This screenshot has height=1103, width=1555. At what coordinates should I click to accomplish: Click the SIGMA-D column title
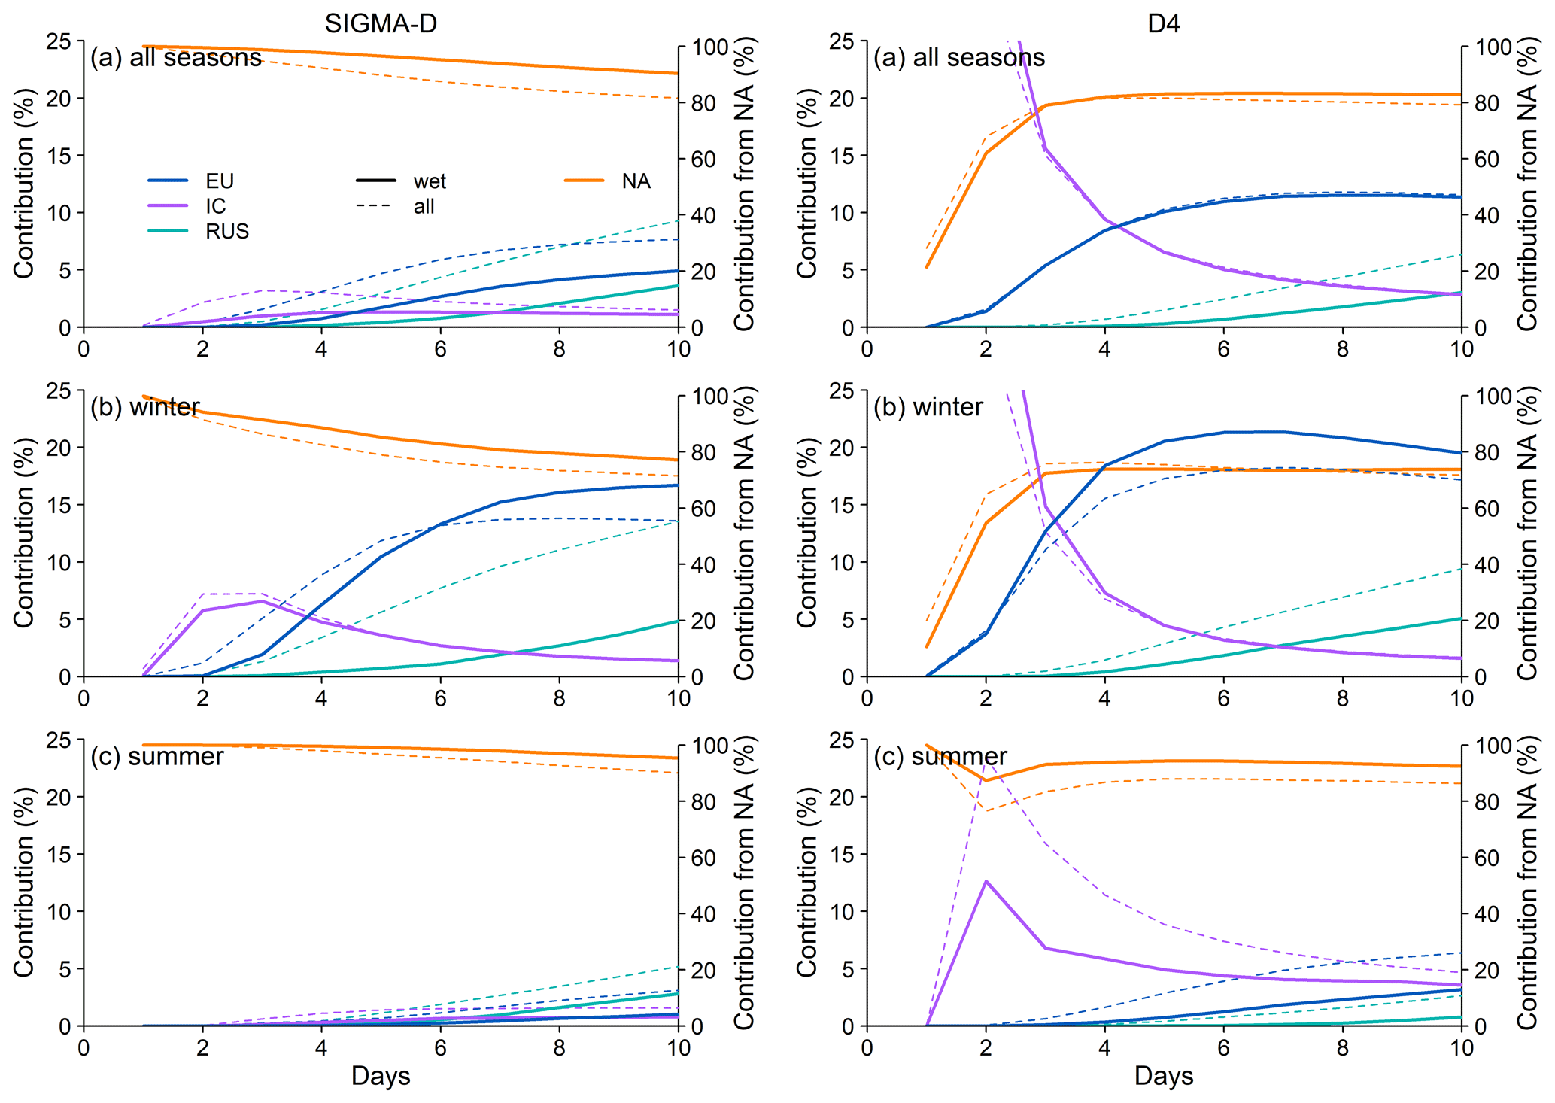[380, 24]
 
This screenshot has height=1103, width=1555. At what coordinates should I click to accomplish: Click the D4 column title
[1163, 24]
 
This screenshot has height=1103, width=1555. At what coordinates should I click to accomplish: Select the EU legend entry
[220, 181]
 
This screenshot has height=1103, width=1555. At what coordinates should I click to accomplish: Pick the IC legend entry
[216, 206]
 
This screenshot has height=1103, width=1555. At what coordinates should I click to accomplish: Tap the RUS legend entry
[227, 231]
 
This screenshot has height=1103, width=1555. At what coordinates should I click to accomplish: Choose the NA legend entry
[636, 181]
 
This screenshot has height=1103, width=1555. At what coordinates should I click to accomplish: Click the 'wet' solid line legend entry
[430, 181]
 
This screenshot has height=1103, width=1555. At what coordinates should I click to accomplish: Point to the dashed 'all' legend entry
[424, 206]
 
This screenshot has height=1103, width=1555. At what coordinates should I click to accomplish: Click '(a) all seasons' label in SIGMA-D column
[176, 58]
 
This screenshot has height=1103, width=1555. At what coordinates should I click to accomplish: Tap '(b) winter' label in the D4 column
[928, 407]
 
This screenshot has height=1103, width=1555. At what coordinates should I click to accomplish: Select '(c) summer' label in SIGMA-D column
[156, 756]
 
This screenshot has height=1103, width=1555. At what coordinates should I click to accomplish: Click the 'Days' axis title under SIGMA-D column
[381, 1076]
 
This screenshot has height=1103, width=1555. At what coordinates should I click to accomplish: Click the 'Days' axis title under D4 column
[1164, 1076]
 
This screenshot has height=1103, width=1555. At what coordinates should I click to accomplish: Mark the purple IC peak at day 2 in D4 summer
[986, 880]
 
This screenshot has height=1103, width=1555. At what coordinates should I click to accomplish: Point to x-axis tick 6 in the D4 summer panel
[1223, 1047]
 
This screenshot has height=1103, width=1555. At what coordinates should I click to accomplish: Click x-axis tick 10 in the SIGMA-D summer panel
[679, 1047]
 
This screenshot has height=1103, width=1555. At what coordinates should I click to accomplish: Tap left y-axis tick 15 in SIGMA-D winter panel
[63, 505]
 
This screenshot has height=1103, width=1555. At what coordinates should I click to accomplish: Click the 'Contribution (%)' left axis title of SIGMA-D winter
[24, 533]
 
